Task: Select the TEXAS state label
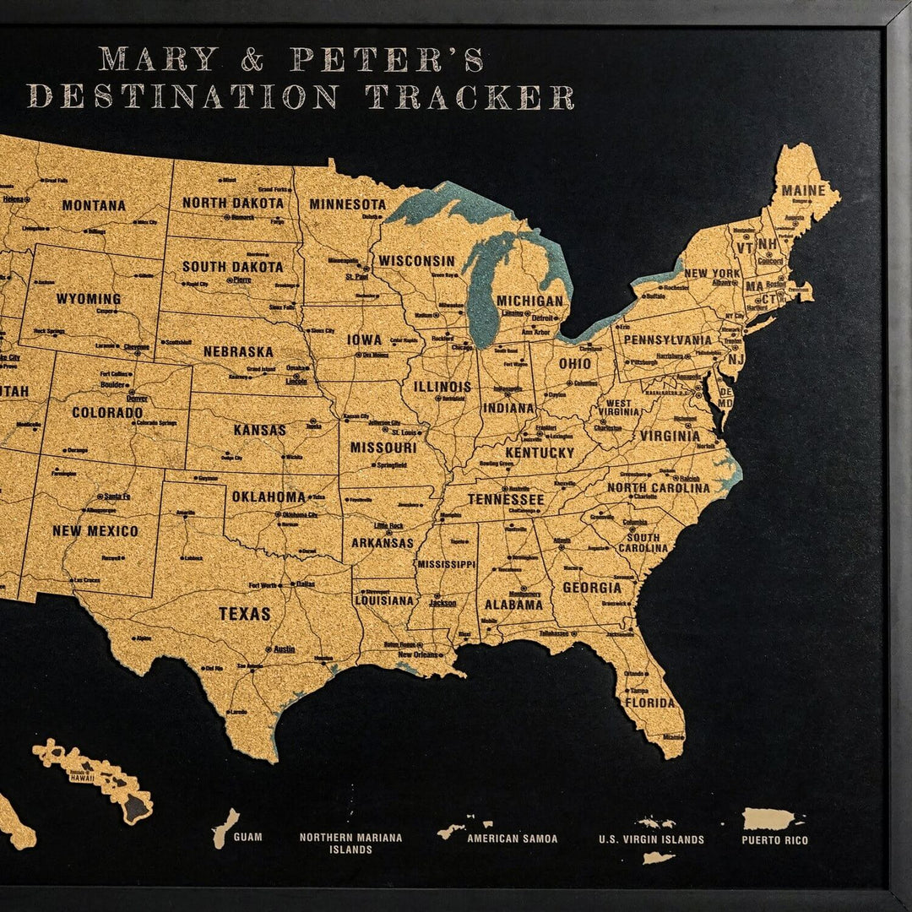coord(245,614)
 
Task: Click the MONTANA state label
coord(94,205)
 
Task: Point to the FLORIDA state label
coord(649,703)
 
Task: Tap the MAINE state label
coord(803,191)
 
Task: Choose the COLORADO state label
coord(107,413)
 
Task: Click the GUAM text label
coord(247,838)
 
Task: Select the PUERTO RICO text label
coord(774,840)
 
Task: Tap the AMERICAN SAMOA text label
coord(513,839)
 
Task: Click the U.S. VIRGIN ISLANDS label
coord(651,839)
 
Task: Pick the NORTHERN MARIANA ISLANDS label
coord(350,844)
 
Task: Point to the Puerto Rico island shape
coord(768,818)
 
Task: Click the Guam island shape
coord(225,827)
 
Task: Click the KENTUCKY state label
coord(540,453)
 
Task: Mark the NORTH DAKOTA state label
coord(233,204)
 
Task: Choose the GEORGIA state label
coord(592,588)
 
